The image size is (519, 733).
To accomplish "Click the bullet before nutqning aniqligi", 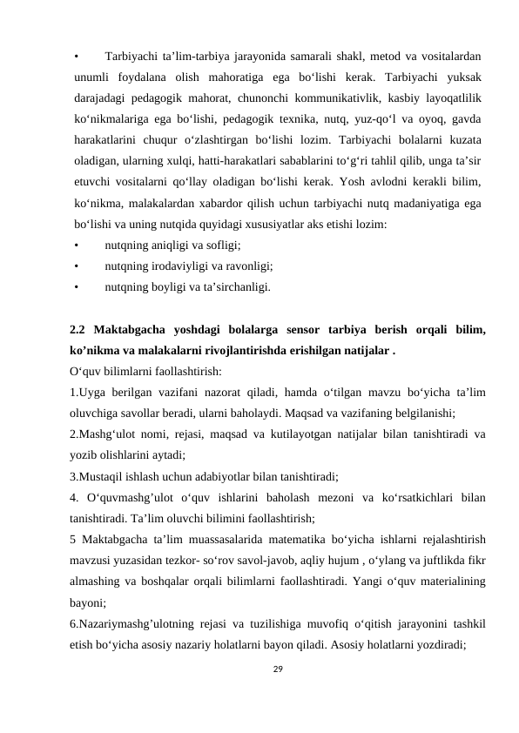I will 77,246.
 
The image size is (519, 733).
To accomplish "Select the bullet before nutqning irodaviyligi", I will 77,267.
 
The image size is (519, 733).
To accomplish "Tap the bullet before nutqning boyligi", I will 77,287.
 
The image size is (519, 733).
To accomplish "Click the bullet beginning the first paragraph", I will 77,36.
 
